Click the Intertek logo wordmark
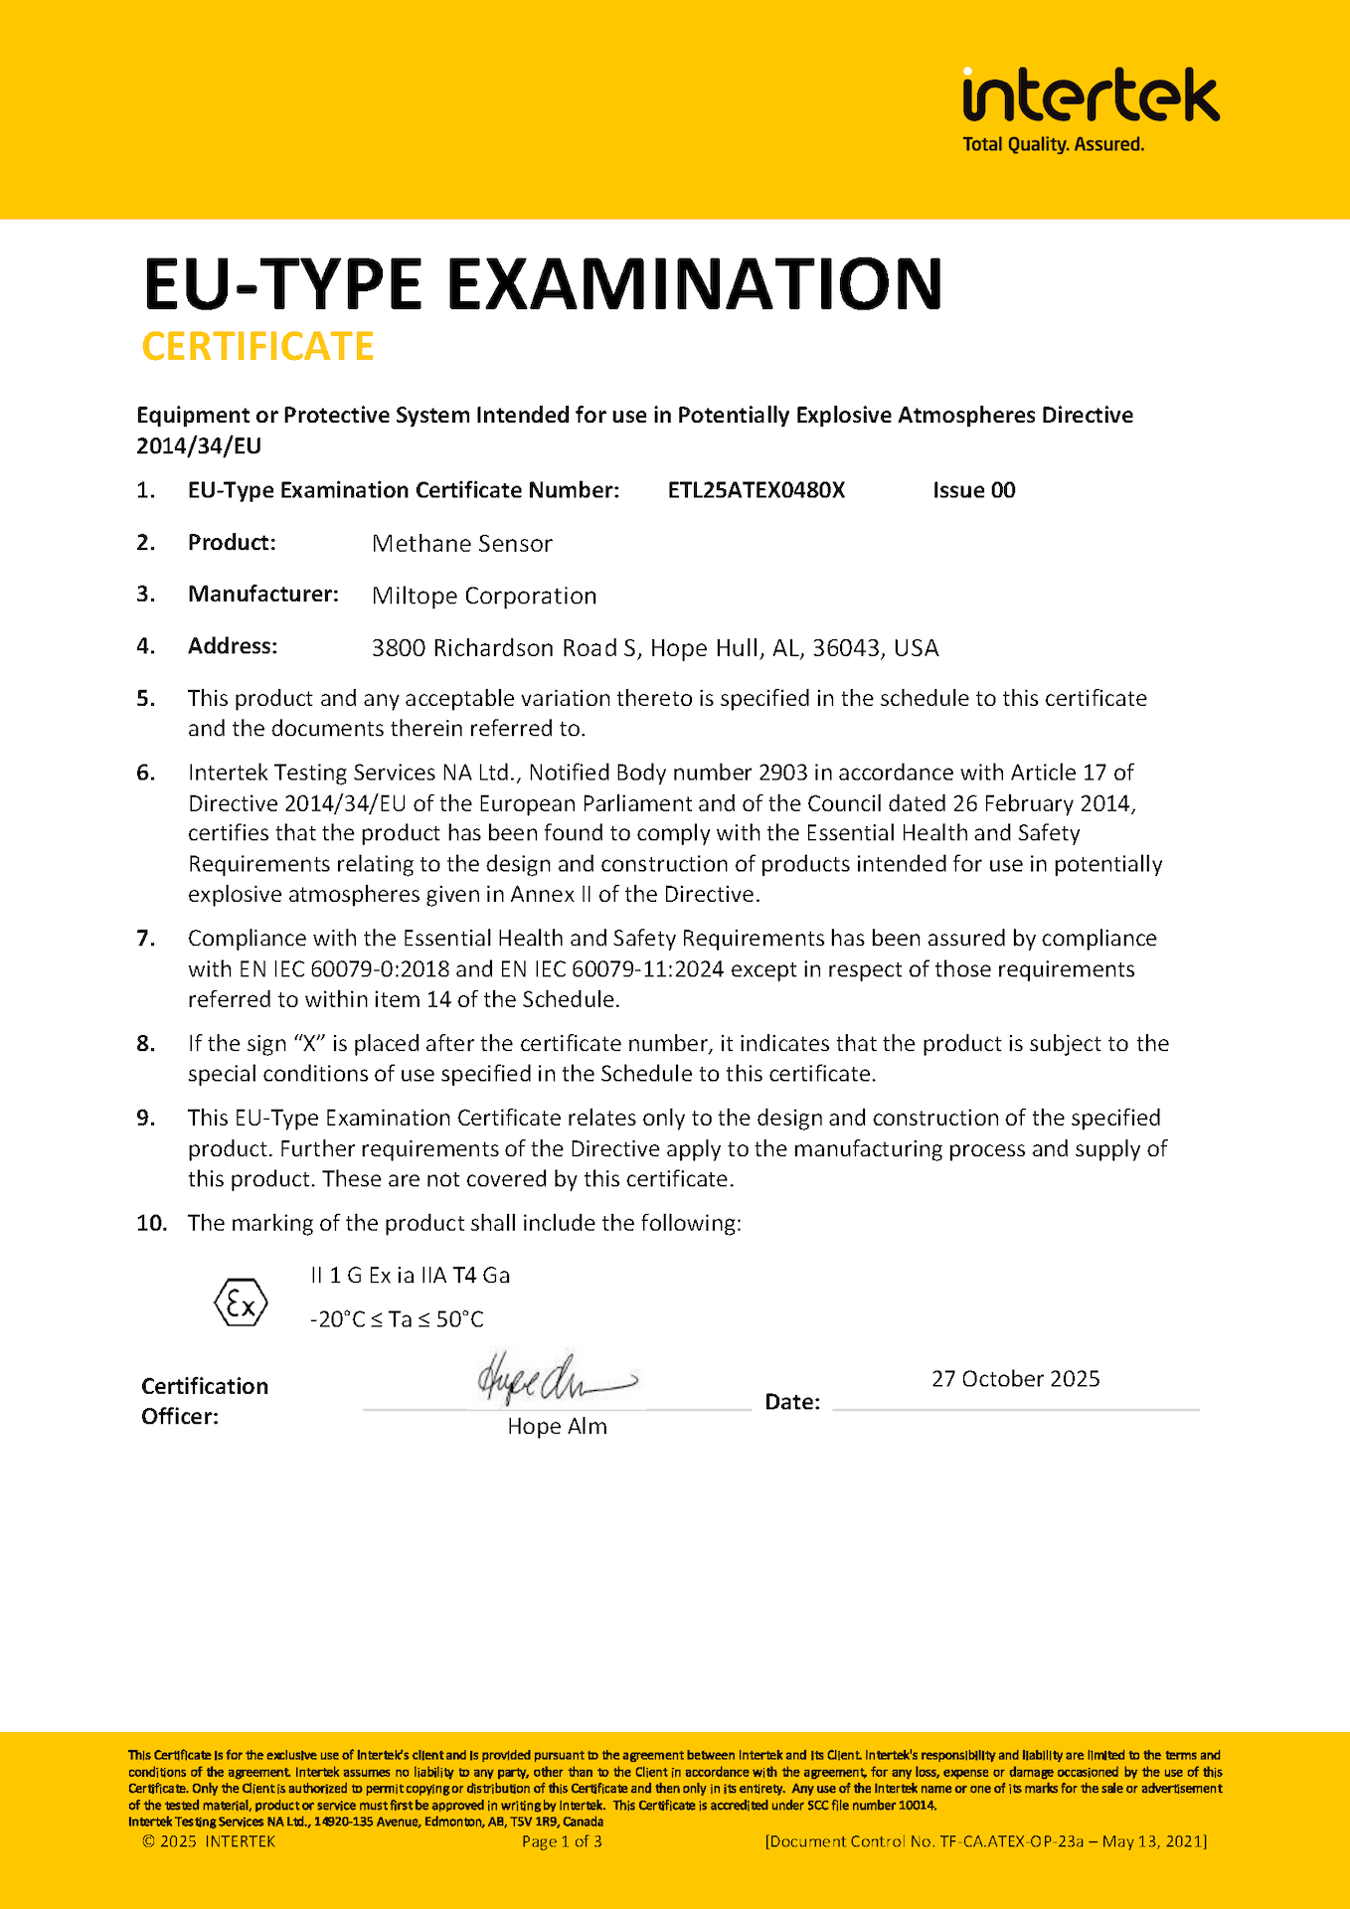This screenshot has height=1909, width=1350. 1091,96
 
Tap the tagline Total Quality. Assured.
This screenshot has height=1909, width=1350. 1053,145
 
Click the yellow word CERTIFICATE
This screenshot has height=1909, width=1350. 257,346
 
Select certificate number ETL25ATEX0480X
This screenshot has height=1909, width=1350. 756,490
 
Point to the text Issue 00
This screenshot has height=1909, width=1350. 973,490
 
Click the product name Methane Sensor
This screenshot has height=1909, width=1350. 461,544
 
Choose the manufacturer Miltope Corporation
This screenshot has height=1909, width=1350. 484,596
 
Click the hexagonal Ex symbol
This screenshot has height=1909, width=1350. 242,1302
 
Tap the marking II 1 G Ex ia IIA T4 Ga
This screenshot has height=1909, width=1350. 410,1276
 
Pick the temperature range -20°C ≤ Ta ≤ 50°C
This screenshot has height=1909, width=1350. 397,1319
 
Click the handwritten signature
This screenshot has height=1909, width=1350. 553,1377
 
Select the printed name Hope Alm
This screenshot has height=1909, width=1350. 557,1427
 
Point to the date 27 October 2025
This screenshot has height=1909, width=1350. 1015,1379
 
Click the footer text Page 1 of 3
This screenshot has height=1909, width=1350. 562,1841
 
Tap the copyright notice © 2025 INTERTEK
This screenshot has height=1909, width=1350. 209,1841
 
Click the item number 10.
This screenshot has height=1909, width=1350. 151,1223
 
